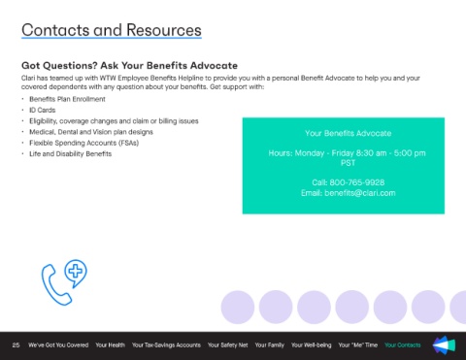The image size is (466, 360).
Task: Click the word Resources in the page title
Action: click(164, 30)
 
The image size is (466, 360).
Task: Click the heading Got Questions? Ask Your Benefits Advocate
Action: click(129, 66)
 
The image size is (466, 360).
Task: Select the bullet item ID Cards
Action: click(43, 110)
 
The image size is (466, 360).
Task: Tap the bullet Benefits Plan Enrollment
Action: click(67, 99)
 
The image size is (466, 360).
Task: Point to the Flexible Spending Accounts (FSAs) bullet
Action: click(84, 143)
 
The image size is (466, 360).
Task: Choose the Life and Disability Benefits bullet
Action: click(71, 154)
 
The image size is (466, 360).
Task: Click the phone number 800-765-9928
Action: click(357, 182)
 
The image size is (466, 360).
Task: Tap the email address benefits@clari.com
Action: click(360, 193)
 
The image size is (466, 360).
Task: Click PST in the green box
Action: click(348, 163)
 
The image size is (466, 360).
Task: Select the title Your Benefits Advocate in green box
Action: click(348, 133)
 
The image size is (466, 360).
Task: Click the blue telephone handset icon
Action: click(55, 285)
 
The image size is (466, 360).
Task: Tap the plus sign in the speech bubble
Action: click(76, 271)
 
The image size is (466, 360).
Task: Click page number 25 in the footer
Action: click(16, 345)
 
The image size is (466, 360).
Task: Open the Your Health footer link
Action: click(110, 345)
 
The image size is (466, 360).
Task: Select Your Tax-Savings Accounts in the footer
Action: click(166, 345)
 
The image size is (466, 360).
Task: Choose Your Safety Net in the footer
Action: click(227, 345)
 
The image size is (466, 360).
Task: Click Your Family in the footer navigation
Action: click(269, 345)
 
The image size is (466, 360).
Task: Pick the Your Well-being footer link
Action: click(311, 345)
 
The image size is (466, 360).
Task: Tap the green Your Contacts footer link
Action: click(403, 345)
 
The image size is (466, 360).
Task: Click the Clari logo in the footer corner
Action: click(444, 344)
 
